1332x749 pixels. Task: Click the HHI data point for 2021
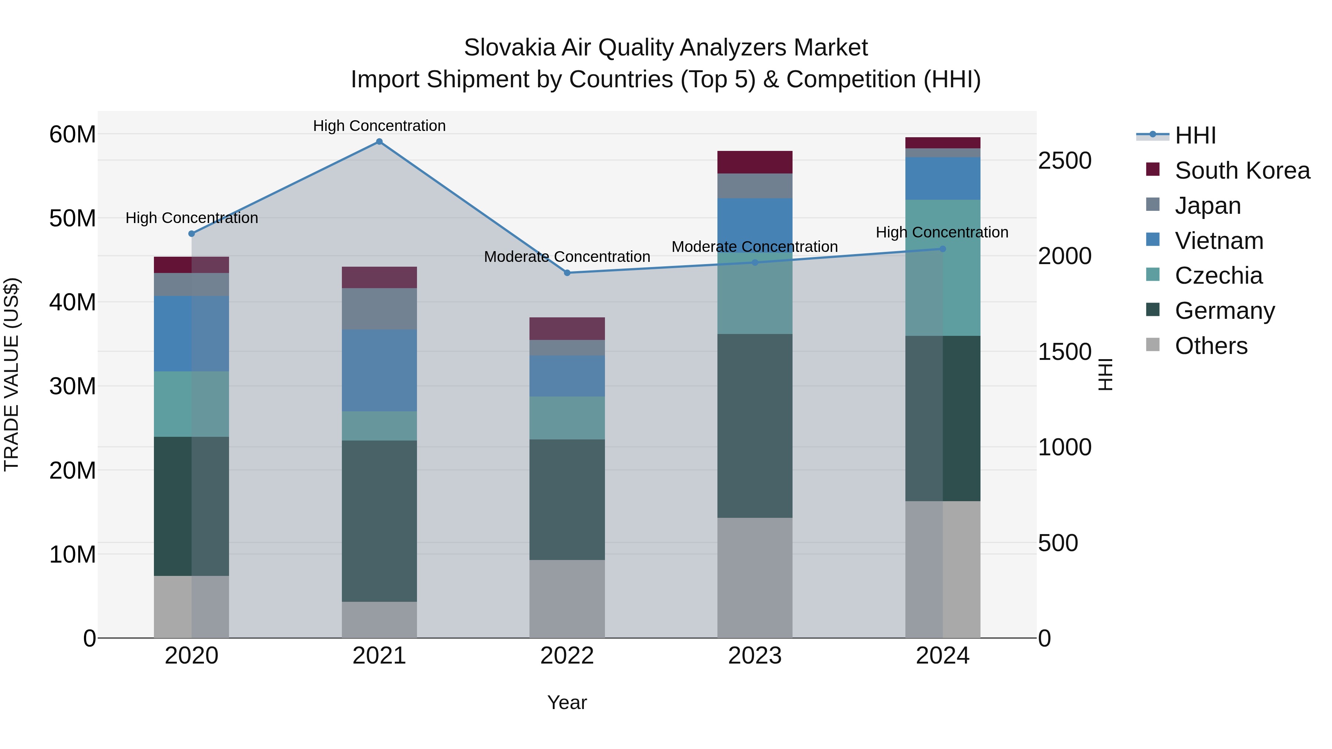point(379,142)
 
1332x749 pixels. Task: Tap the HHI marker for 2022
point(567,273)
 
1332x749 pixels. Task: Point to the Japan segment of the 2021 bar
point(379,308)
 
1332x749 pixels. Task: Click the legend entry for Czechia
point(1218,276)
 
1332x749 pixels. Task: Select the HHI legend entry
point(1194,135)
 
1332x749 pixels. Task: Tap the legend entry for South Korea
point(1241,171)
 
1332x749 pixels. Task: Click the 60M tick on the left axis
point(73,134)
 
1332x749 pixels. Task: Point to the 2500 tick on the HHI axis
point(1064,161)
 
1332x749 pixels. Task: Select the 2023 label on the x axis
point(754,656)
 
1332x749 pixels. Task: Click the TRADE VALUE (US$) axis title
point(11,374)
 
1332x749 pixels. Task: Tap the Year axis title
point(567,702)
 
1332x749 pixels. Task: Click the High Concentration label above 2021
point(379,126)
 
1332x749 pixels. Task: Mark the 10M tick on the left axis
point(73,554)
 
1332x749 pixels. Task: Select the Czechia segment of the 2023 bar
point(754,292)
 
